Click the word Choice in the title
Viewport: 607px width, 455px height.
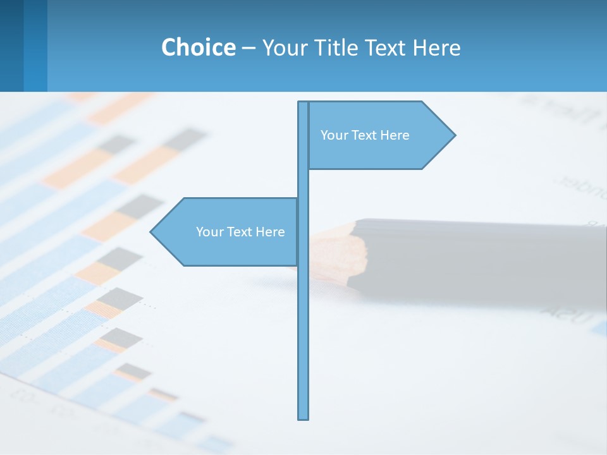(x=198, y=47)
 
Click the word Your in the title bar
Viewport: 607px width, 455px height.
(x=284, y=47)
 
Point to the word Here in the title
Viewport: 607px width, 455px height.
(x=436, y=47)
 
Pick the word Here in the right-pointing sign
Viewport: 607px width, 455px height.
(x=395, y=135)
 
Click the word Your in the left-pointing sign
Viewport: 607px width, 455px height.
(x=209, y=232)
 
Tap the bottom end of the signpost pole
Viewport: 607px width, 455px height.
(x=303, y=417)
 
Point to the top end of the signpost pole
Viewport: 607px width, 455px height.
(x=303, y=104)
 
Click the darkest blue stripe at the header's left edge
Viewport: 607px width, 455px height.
(x=11, y=45)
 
